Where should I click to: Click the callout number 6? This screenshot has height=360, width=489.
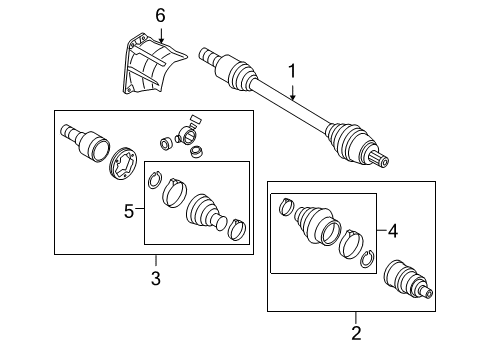pyautogui.click(x=160, y=16)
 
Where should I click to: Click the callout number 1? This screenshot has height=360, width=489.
pyautogui.click(x=292, y=71)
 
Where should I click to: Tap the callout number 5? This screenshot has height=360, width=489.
pyautogui.click(x=129, y=211)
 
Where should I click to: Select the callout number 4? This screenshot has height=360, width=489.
pyautogui.click(x=393, y=231)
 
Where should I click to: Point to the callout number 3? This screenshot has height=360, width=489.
pyautogui.click(x=156, y=278)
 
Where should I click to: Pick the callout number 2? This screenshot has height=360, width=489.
pyautogui.click(x=356, y=333)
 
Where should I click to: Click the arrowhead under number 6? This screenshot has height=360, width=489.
pyautogui.click(x=161, y=40)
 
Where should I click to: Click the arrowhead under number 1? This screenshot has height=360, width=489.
pyautogui.click(x=293, y=97)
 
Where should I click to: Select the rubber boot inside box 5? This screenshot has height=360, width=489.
pyautogui.click(x=205, y=212)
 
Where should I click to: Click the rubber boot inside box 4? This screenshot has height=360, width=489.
pyautogui.click(x=316, y=225)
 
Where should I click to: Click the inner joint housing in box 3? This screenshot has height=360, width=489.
pyautogui.click(x=85, y=143)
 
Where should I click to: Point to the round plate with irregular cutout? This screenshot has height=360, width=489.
pyautogui.click(x=124, y=164)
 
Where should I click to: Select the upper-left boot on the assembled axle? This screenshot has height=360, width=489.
pyautogui.click(x=237, y=71)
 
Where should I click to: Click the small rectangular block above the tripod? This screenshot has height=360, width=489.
pyautogui.click(x=196, y=119)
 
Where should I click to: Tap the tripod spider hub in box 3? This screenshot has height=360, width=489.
pyautogui.click(x=187, y=136)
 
